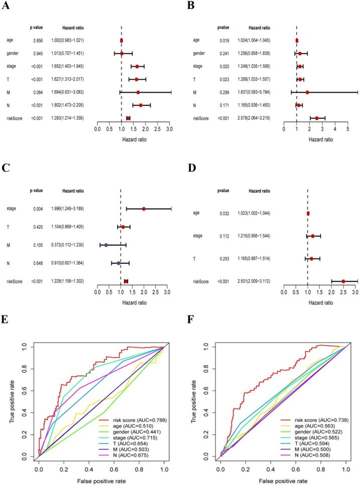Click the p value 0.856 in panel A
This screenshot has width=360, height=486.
click(35, 40)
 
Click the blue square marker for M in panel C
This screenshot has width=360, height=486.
click(106, 245)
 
